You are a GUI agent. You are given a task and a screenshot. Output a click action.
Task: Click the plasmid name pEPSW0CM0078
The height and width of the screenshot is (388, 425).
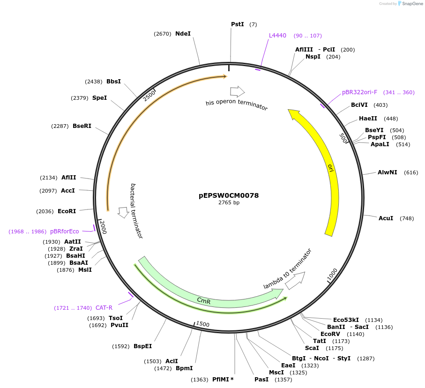pos(229,195)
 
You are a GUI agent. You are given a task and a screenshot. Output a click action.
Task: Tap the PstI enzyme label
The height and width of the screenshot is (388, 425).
pos(238,24)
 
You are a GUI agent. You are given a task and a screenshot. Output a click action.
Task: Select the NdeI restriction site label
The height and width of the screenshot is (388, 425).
pos(183,33)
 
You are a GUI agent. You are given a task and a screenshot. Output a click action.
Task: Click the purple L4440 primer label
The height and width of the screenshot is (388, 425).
pos(277,36)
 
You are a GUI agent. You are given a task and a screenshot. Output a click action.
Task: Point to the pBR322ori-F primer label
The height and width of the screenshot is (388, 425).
pos(359,92)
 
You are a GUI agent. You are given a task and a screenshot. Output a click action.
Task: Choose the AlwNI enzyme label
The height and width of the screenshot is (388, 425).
pos(387,172)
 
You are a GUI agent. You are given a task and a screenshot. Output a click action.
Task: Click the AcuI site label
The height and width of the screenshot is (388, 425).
pos(386,218)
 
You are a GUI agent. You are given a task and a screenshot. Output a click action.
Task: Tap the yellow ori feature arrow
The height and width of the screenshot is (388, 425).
pos(330,169)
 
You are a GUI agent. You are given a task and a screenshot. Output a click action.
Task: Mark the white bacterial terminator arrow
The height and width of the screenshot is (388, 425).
pos(123,212)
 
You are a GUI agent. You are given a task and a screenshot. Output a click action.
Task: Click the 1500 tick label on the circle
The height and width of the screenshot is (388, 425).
pos(202,324)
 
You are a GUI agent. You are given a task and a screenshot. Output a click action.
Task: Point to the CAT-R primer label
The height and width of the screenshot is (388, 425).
pos(104,308)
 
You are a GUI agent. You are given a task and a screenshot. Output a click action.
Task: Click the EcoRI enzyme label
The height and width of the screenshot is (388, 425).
pos(67,211)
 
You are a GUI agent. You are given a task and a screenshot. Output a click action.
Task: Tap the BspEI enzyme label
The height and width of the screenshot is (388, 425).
pos(142,346)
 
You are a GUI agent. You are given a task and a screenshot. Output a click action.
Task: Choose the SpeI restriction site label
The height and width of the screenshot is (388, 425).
pos(99,98)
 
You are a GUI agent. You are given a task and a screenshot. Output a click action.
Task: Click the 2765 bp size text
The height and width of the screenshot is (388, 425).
pos(229,203)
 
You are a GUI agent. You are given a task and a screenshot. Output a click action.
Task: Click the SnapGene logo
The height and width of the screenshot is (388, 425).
pos(408,4)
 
